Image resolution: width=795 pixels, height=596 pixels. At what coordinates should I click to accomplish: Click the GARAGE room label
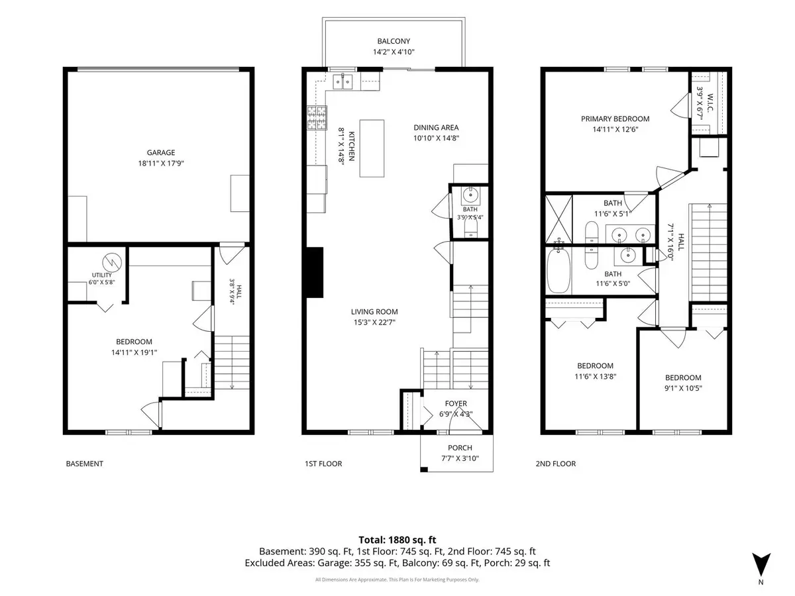pyautogui.click(x=161, y=153)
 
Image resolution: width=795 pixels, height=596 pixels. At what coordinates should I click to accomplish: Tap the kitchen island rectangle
pyautogui.click(x=372, y=148)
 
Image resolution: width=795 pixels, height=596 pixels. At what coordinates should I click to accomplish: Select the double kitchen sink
pyautogui.click(x=343, y=81)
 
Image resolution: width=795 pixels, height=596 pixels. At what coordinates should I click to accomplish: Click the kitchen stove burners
pyautogui.click(x=317, y=118)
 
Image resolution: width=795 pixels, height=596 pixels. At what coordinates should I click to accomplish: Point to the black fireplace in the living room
pyautogui.click(x=315, y=272)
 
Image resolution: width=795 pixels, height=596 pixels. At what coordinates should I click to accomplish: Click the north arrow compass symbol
pyautogui.click(x=761, y=564)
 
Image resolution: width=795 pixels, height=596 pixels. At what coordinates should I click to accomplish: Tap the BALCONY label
pyautogui.click(x=394, y=41)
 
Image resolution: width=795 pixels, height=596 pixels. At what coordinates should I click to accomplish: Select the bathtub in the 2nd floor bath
pyautogui.click(x=558, y=270)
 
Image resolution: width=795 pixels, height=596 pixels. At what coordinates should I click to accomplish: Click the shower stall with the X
pyautogui.click(x=559, y=219)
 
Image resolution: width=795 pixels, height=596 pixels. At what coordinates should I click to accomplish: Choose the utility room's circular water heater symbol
pyautogui.click(x=112, y=262)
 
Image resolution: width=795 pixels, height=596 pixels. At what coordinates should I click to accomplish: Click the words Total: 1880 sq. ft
pyautogui.click(x=397, y=540)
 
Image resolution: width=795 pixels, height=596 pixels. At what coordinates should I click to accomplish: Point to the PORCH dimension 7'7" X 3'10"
pyautogui.click(x=460, y=458)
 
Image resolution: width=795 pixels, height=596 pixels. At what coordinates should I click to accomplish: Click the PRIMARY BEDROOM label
pyautogui.click(x=615, y=119)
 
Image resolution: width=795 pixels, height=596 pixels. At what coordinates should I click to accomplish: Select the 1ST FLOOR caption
pyautogui.click(x=323, y=464)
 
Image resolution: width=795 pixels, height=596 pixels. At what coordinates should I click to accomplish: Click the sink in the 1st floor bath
pyautogui.click(x=470, y=195)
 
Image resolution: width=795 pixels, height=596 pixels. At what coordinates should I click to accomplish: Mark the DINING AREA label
pyautogui.click(x=436, y=127)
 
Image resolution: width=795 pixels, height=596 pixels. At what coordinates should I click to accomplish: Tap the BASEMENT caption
pyautogui.click(x=84, y=464)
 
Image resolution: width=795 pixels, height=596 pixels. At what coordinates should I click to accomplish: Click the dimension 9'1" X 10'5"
pyautogui.click(x=684, y=388)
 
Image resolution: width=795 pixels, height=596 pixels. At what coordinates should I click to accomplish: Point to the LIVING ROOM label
pyautogui.click(x=374, y=311)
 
